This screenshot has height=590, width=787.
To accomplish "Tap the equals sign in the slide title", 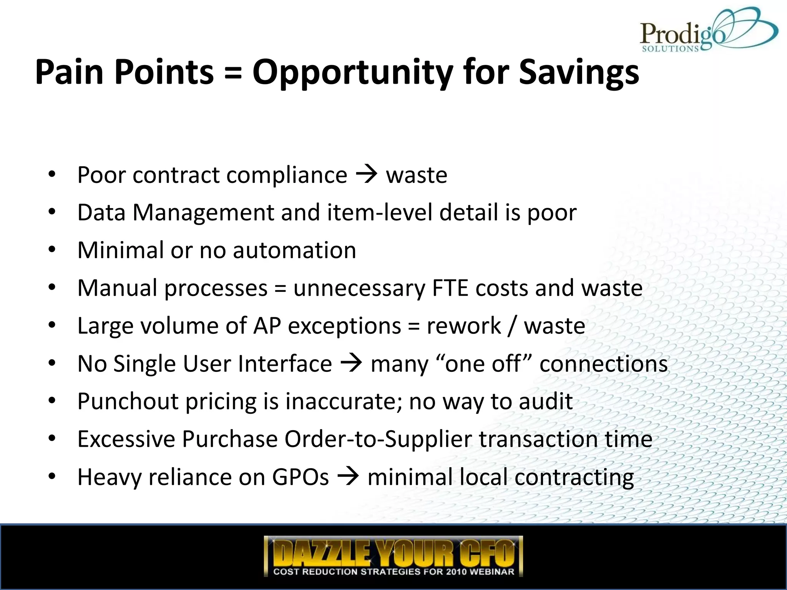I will click(233, 73).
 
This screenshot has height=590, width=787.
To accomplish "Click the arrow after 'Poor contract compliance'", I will click(367, 175).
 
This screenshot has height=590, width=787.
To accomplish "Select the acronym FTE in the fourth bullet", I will click(450, 288).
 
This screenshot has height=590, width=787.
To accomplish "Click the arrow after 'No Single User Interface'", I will click(351, 363).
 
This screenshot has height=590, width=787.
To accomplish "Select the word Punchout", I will click(128, 401).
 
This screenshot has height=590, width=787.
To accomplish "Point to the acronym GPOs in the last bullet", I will click(300, 477).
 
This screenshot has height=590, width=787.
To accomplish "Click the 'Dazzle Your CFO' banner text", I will click(393, 552).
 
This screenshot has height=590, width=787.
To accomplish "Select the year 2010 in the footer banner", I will click(457, 572).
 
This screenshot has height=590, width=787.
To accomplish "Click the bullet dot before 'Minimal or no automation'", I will click(52, 250).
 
